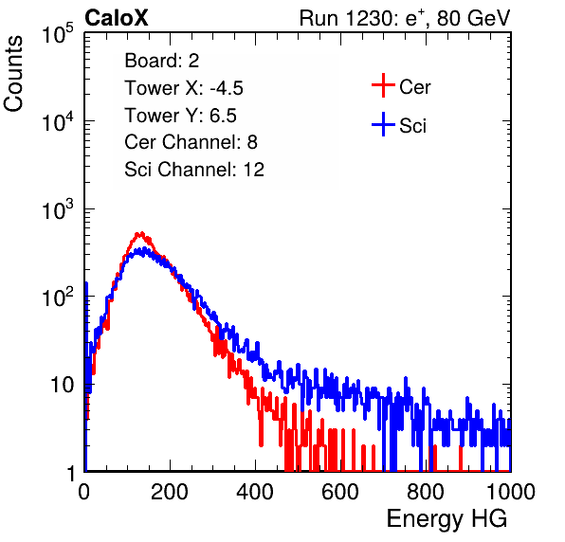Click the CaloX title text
pos(117,18)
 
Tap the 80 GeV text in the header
pos(473,18)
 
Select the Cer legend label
pos(414,87)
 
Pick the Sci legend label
pos(413,126)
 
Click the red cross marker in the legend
pos(383,85)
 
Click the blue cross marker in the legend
pos(383,125)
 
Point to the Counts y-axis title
pos(13,74)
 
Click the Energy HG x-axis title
pos(447,518)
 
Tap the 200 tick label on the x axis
pos(170,492)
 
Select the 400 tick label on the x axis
pos(255,492)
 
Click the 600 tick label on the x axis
pos(340,492)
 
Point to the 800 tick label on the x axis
pos(426,492)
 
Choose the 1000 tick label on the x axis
pos(511,492)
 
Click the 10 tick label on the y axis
pos(63,385)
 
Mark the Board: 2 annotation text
pos(162,61)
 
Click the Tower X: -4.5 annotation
pos(184,88)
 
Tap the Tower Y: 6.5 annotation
pos(180,116)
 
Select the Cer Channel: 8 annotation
pos(191,142)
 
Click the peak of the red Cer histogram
pos(141,233)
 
